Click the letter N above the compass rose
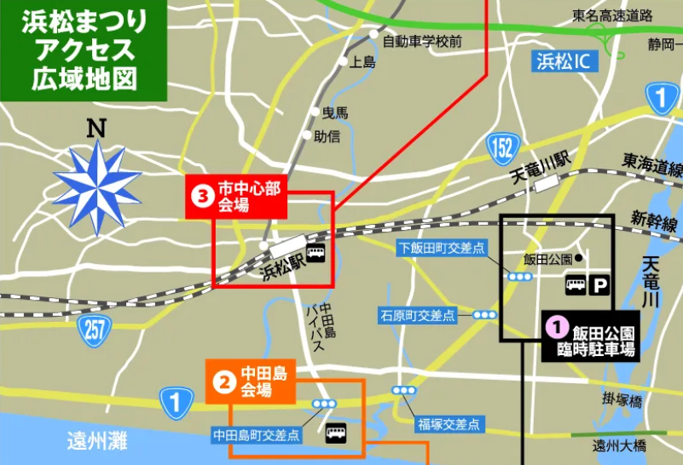click(96, 129)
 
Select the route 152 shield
click(502, 146)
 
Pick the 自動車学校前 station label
click(421, 41)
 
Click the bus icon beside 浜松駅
click(316, 253)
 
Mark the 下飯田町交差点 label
click(441, 248)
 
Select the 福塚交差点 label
click(448, 423)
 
